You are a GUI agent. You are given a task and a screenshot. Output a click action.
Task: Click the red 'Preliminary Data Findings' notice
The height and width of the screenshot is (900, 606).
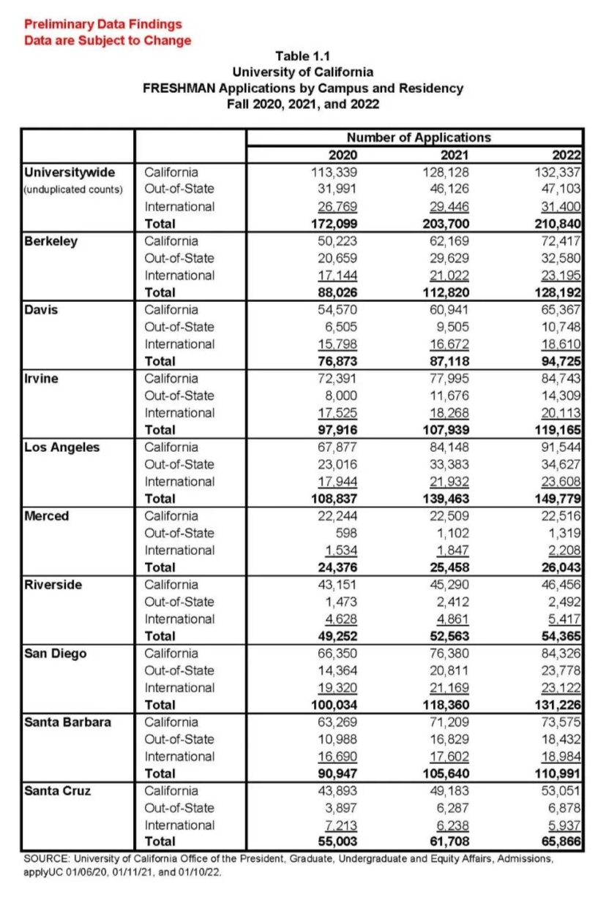(102, 25)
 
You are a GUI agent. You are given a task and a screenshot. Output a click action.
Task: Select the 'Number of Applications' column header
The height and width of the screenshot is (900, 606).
(419, 137)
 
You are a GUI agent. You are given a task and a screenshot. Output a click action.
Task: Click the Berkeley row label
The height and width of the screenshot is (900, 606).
(50, 241)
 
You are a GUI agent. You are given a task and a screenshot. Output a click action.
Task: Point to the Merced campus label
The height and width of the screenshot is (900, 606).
(47, 516)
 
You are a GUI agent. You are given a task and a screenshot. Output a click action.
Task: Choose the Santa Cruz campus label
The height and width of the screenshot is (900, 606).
(58, 791)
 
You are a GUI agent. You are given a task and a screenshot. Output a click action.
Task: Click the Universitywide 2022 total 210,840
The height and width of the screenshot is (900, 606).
(558, 224)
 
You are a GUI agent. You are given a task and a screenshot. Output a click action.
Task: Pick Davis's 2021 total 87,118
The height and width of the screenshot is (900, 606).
(443, 361)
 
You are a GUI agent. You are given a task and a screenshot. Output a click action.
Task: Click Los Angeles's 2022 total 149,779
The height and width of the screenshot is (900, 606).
(558, 499)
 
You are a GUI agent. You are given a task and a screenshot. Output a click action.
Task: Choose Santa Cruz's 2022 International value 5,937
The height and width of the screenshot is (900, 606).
(564, 825)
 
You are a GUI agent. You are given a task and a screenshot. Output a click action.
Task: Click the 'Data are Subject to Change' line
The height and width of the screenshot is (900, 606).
(108, 40)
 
